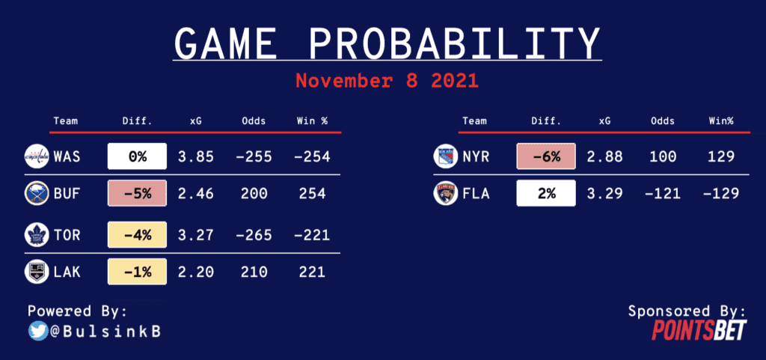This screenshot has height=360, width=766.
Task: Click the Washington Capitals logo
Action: point(37,156)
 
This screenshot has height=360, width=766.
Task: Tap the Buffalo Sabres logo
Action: point(37,194)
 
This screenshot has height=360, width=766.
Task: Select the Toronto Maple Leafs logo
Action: point(37,236)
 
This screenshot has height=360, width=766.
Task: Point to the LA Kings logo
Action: point(37,272)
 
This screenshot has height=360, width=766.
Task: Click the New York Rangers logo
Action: point(446,156)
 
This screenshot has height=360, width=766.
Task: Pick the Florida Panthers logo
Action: point(446,194)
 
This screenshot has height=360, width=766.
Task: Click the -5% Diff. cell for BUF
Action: point(138,194)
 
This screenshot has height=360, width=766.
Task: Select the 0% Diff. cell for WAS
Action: point(138,156)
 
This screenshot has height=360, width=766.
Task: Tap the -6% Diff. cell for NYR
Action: point(545,156)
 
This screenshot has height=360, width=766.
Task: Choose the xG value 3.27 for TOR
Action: point(195,236)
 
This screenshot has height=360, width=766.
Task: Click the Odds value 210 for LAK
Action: point(254,272)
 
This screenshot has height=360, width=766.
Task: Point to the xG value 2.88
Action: point(604,156)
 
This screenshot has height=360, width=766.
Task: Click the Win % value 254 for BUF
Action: point(312,194)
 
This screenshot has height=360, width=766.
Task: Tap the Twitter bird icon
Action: point(38,332)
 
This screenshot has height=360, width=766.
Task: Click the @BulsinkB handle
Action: point(105,332)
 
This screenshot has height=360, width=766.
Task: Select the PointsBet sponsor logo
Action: point(699,330)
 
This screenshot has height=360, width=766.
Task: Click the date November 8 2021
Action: point(387,81)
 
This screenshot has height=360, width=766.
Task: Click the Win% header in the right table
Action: point(722,120)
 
